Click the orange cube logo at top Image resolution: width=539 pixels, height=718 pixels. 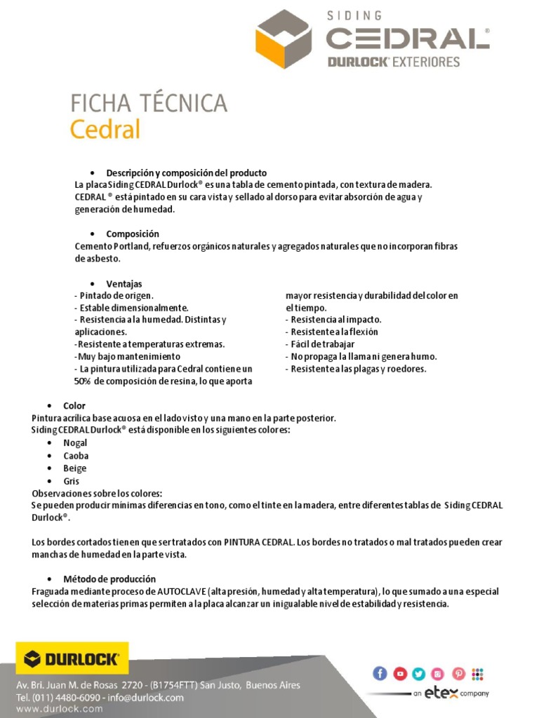pyautogui.click(x=283, y=39)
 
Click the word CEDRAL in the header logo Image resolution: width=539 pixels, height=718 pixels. pyautogui.click(x=408, y=38)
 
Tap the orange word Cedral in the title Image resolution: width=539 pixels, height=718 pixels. pyautogui.click(x=105, y=130)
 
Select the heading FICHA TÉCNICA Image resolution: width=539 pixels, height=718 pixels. pyautogui.click(x=149, y=103)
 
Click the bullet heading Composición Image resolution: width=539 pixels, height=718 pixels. pyautogui.click(x=133, y=233)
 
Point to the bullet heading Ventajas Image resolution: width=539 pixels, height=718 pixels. pyautogui.click(x=124, y=284)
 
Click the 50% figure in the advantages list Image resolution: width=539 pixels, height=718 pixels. pyautogui.click(x=84, y=381)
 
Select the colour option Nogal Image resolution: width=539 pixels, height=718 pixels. pyautogui.click(x=75, y=443)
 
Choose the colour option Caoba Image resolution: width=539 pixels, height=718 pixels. pyautogui.click(x=76, y=456)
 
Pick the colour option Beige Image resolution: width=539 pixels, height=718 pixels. pyautogui.click(x=75, y=468)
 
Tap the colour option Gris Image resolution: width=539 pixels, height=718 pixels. pyautogui.click(x=72, y=481)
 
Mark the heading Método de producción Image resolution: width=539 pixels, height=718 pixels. pyautogui.click(x=109, y=579)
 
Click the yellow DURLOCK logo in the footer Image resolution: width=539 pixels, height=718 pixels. pyautogui.click(x=72, y=658)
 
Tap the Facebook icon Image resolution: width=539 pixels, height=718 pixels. pyautogui.click(x=380, y=674)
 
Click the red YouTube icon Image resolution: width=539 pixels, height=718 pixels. pyautogui.click(x=399, y=674)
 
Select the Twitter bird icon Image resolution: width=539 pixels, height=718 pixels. pyautogui.click(x=419, y=674)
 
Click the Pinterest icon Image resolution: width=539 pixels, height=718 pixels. pyautogui.click(x=458, y=674)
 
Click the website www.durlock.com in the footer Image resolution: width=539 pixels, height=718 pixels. pyautogui.click(x=59, y=709)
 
